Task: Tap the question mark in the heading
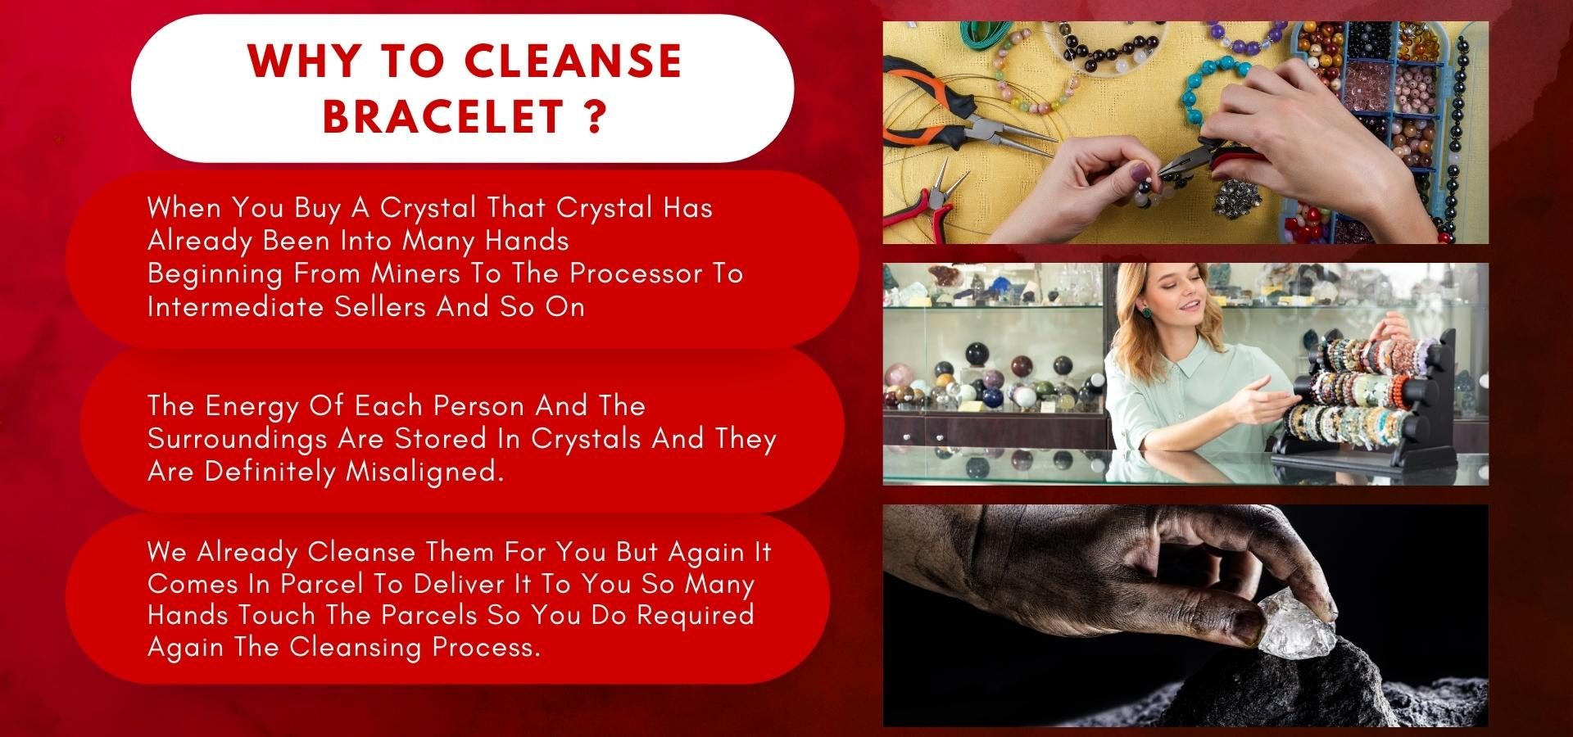click(x=596, y=116)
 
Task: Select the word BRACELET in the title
click(x=442, y=116)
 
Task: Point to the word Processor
click(x=637, y=273)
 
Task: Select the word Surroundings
click(x=238, y=438)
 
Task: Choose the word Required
click(x=696, y=615)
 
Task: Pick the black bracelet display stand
click(x=1360, y=393)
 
